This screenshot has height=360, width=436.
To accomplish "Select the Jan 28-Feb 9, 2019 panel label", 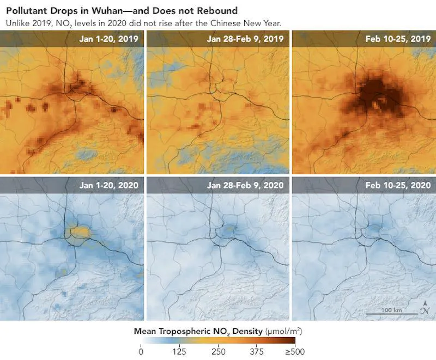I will (x=245, y=39).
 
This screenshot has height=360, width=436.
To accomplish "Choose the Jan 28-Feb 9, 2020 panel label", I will (x=245, y=185).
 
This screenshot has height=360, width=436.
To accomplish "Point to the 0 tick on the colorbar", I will (x=141, y=352).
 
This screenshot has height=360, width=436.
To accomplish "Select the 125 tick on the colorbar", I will (x=179, y=352).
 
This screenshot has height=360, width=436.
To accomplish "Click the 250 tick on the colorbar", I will (x=218, y=352).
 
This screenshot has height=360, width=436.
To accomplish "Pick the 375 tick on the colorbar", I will (x=256, y=352).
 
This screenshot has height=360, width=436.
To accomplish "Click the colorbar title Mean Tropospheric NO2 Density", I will (x=198, y=331).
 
